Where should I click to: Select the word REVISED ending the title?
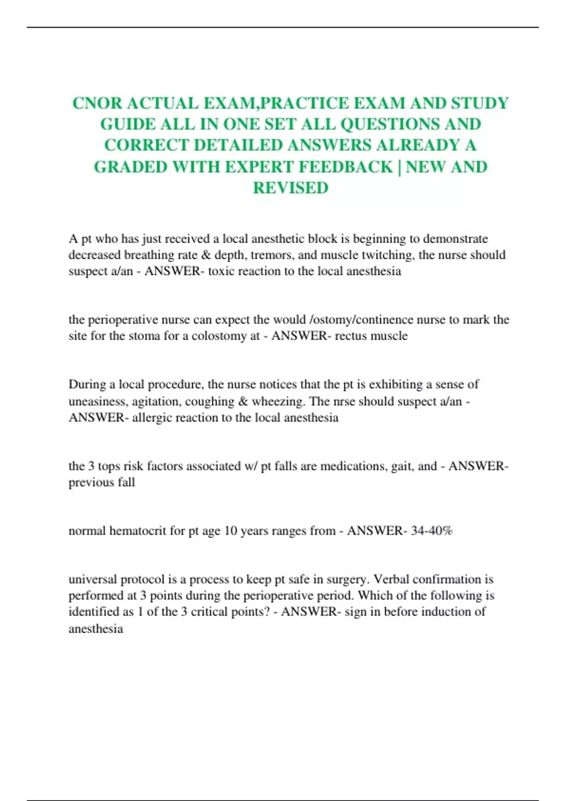[291, 188]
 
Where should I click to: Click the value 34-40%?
[432, 531]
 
